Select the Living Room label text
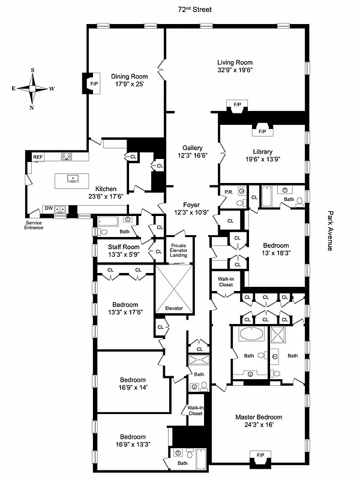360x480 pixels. coord(235,62)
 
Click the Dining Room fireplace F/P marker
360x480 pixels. coord(94,84)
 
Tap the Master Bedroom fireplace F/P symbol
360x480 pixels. coord(261,455)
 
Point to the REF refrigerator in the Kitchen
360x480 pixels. coord(38,157)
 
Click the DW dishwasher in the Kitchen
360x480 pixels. coord(49,209)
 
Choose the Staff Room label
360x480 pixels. coord(124,247)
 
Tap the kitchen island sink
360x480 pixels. coord(72,179)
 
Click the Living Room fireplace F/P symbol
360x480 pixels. coord(237,105)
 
